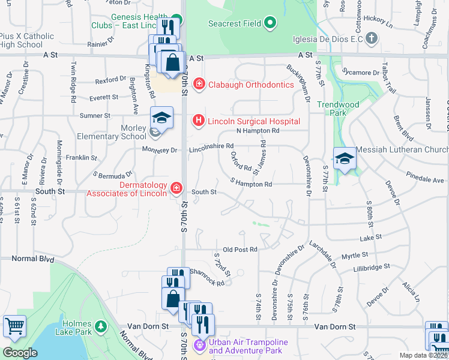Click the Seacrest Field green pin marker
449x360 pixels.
(270, 24)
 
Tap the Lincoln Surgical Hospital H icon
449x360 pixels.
(198, 121)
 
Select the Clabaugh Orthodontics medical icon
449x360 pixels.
(199, 85)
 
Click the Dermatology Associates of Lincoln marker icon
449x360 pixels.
(176, 188)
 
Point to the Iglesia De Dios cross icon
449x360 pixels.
(372, 39)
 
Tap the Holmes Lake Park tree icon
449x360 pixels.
(102, 326)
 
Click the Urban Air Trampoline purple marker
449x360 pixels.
(200, 346)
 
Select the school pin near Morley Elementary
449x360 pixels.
(161, 118)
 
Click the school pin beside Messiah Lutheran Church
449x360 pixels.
(345, 158)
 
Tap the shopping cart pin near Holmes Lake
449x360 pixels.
(14, 326)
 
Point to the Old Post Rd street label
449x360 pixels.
(240, 249)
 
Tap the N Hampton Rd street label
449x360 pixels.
(258, 130)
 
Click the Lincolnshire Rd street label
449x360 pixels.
(211, 146)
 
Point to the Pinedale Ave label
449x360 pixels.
(424, 179)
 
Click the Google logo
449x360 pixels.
(20, 353)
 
